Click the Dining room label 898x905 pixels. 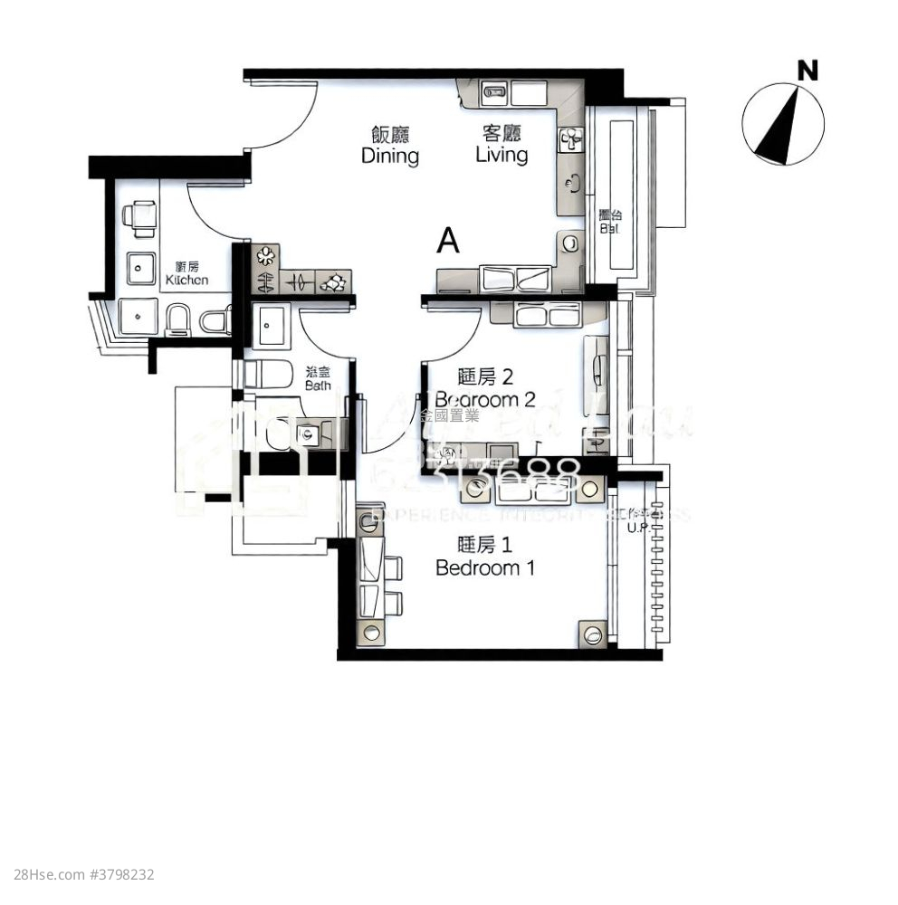(390, 146)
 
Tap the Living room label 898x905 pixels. (502, 146)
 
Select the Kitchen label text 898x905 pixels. (186, 273)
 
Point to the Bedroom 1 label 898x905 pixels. (484, 557)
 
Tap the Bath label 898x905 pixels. (318, 378)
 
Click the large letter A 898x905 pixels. (448, 241)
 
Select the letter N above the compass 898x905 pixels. (807, 70)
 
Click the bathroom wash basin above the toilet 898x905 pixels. (270, 327)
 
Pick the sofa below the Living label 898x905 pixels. (507, 278)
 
